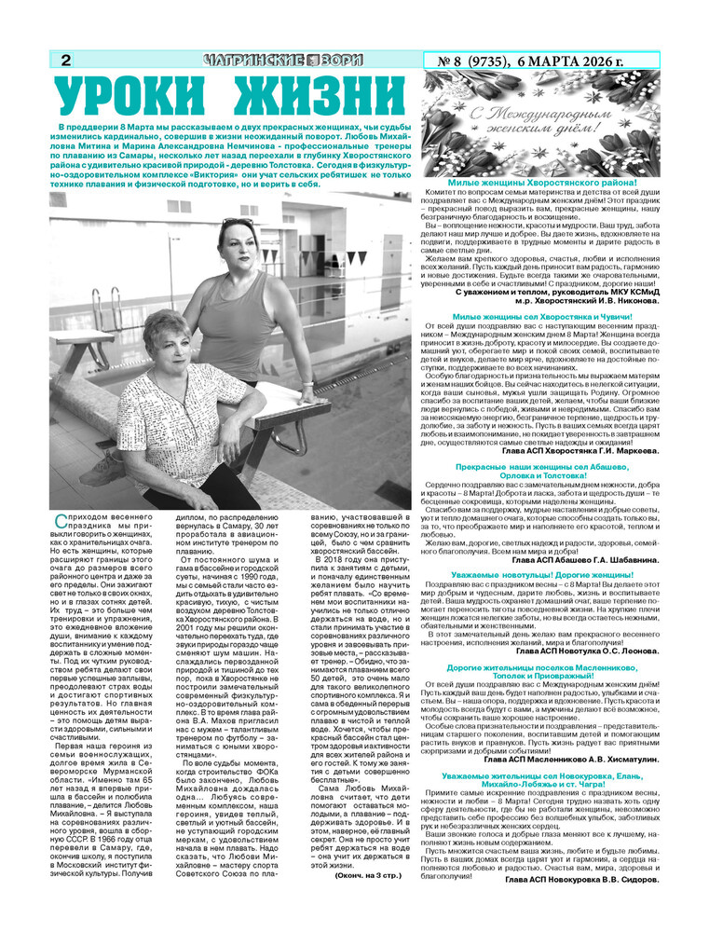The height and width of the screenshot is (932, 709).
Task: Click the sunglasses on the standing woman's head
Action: tap(236, 225)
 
